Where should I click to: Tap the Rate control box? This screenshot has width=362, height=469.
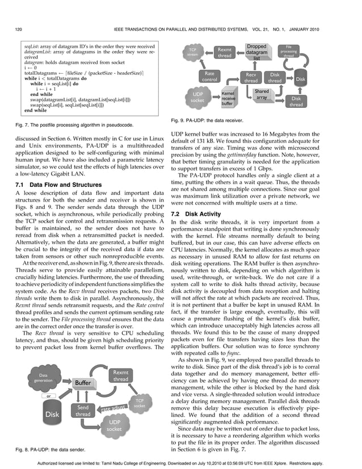(x=209, y=77)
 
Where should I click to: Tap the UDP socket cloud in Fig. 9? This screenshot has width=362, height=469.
(x=197, y=97)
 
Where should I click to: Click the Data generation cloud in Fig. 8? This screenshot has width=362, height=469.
(x=44, y=378)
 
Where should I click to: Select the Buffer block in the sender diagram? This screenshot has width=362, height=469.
(x=83, y=383)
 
